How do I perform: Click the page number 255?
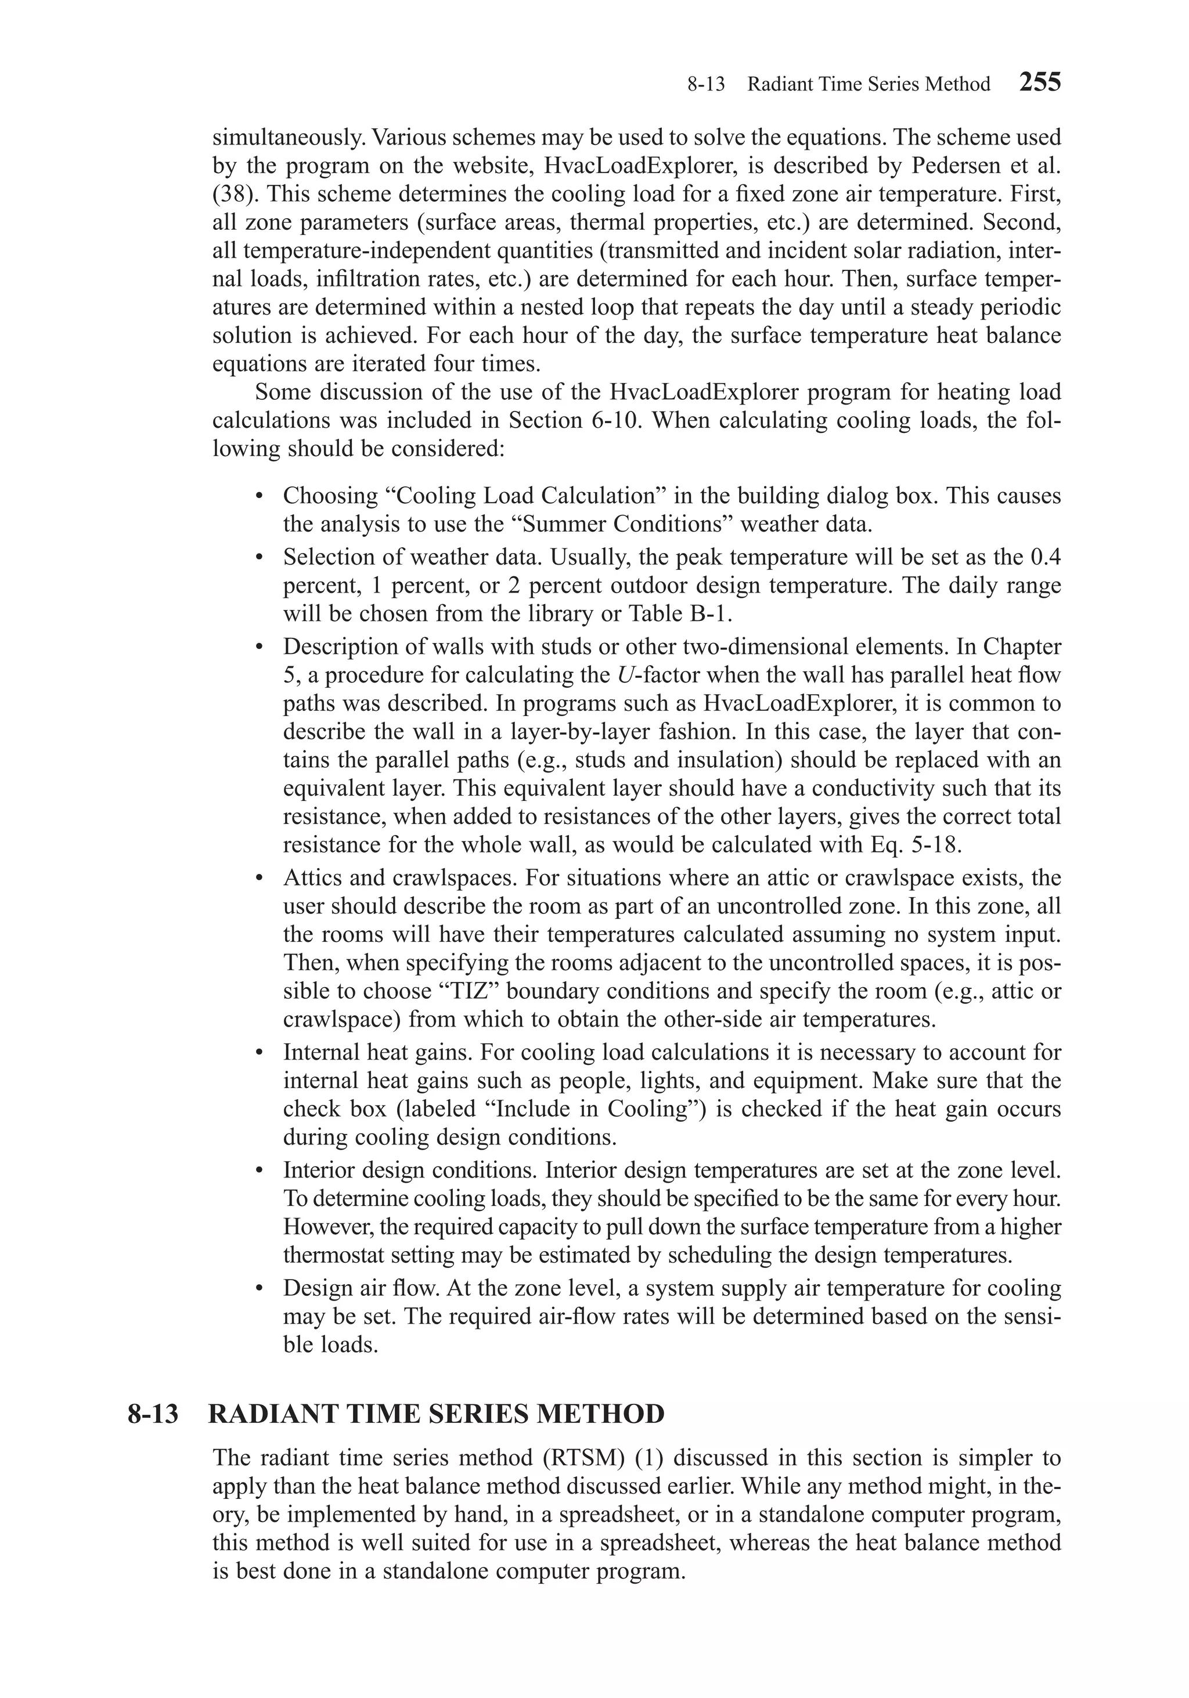(x=1040, y=82)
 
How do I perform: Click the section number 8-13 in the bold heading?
(x=153, y=1414)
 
